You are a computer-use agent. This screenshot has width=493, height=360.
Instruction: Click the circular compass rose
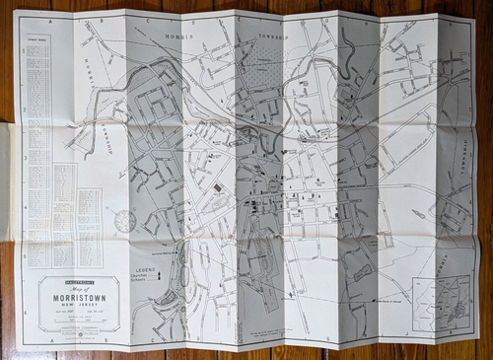[125, 221]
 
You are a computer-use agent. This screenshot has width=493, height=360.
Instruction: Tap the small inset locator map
[441, 303]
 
